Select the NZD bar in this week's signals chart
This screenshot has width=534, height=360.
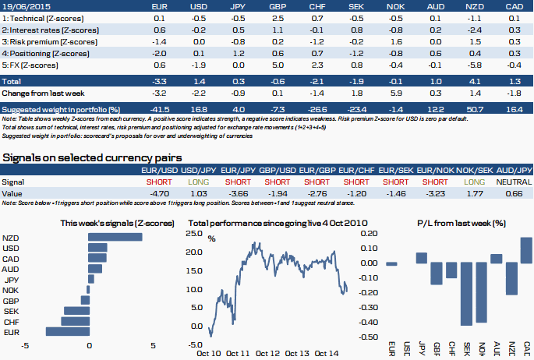pos(116,238)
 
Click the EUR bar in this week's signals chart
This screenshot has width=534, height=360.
pos(68,332)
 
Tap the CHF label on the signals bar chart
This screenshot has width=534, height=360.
pos(11,321)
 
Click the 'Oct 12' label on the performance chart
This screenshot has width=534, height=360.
pos(267,352)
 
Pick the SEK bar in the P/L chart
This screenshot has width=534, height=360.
pos(467,294)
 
